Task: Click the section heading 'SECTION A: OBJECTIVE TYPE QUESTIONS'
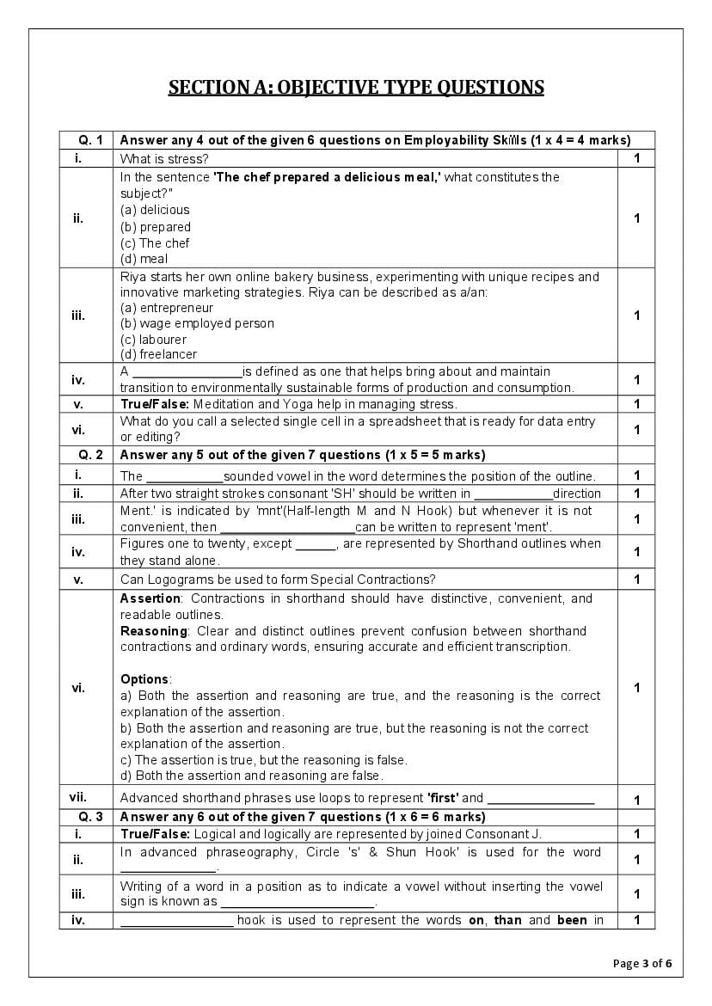(355, 87)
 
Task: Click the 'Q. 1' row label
(86, 140)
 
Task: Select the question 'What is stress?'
(164, 158)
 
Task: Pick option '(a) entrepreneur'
(167, 308)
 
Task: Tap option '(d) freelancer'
(158, 354)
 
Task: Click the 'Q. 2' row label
(86, 455)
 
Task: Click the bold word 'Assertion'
(150, 598)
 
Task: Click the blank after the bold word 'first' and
(540, 799)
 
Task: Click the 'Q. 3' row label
(86, 817)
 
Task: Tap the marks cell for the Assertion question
(636, 687)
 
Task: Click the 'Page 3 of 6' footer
(642, 963)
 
